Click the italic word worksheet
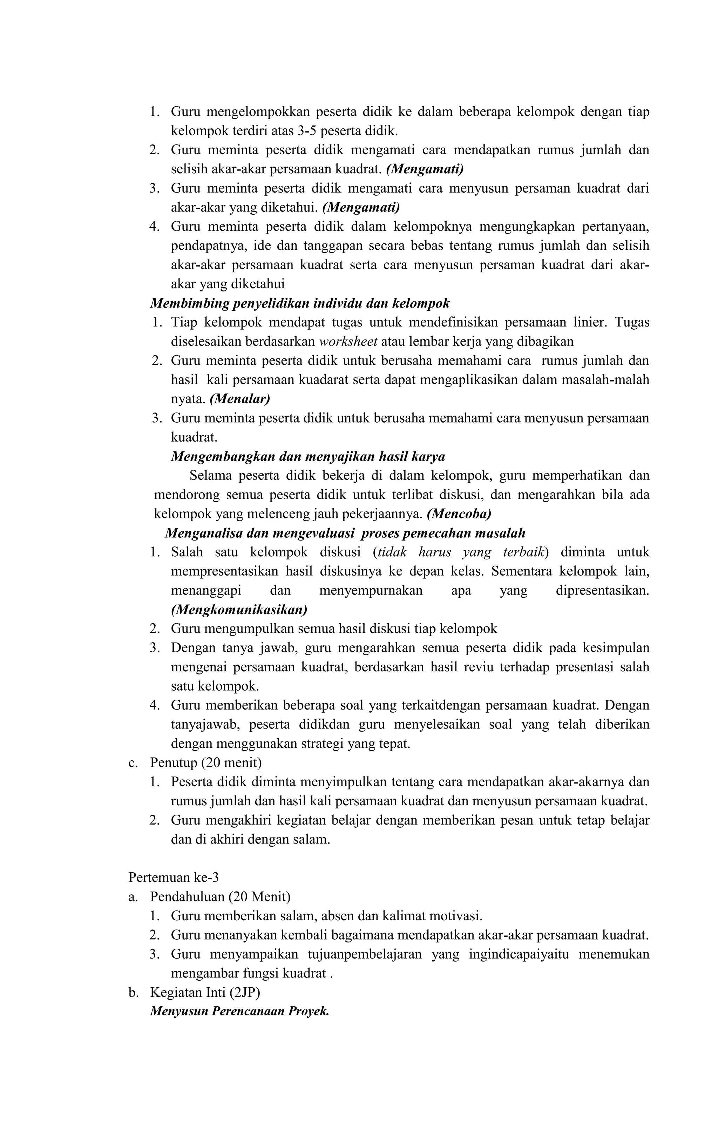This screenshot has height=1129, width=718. tap(348, 341)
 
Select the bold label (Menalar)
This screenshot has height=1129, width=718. tap(239, 399)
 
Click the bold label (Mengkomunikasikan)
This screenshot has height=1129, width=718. tap(239, 610)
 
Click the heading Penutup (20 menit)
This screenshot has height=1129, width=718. tap(205, 763)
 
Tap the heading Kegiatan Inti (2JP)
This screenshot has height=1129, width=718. tap(204, 993)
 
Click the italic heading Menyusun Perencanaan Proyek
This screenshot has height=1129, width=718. tap(239, 1011)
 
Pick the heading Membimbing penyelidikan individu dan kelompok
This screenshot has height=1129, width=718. tap(299, 303)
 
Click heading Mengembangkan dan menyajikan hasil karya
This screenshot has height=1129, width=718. tap(307, 456)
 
